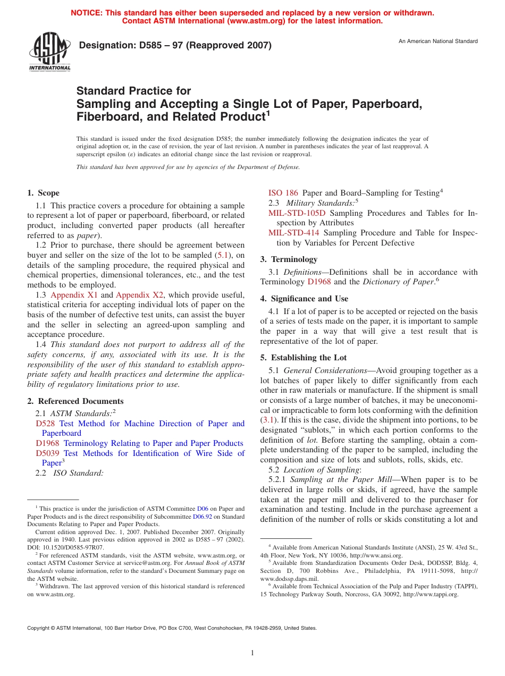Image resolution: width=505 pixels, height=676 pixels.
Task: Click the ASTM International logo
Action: (49, 52)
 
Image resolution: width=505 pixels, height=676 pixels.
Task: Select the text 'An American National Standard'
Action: (438, 41)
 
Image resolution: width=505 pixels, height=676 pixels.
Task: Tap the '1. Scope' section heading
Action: (44, 193)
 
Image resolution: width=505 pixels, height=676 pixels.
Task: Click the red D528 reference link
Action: (45, 424)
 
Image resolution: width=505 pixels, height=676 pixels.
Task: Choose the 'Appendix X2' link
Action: (140, 295)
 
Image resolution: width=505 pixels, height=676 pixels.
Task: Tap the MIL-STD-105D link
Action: (297, 213)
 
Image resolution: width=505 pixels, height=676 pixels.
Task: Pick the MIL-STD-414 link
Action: (293, 233)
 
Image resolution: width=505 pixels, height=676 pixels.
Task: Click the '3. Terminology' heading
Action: (289, 259)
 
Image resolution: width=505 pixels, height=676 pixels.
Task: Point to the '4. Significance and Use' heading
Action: (304, 299)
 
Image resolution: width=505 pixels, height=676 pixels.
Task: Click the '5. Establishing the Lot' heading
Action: (303, 358)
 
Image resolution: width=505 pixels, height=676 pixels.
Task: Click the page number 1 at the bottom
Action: (252, 653)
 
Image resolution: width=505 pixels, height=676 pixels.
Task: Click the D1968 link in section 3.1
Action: (319, 282)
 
